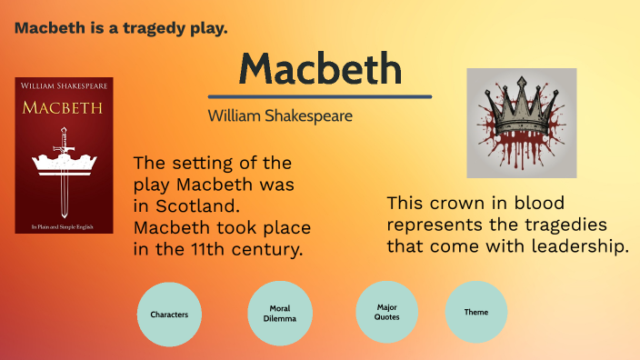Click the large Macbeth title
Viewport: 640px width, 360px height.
pos(320,69)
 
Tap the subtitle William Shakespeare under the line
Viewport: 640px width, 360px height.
pos(280,115)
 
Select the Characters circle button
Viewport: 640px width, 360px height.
pos(169,314)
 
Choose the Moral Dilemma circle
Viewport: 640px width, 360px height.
pos(280,314)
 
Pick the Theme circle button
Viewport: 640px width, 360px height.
pos(476,312)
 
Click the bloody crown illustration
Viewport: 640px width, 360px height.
pos(521,123)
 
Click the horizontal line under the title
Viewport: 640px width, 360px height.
pos(320,96)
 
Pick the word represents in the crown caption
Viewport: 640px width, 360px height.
pos(435,224)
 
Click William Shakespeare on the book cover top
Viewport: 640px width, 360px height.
pos(64,86)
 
